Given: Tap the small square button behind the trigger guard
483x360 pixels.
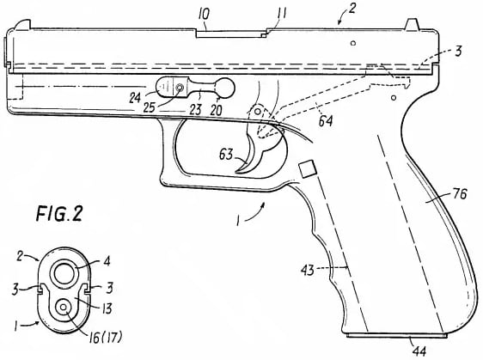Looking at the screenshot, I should (306, 169).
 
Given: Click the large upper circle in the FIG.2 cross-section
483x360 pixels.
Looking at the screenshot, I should (65, 274).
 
